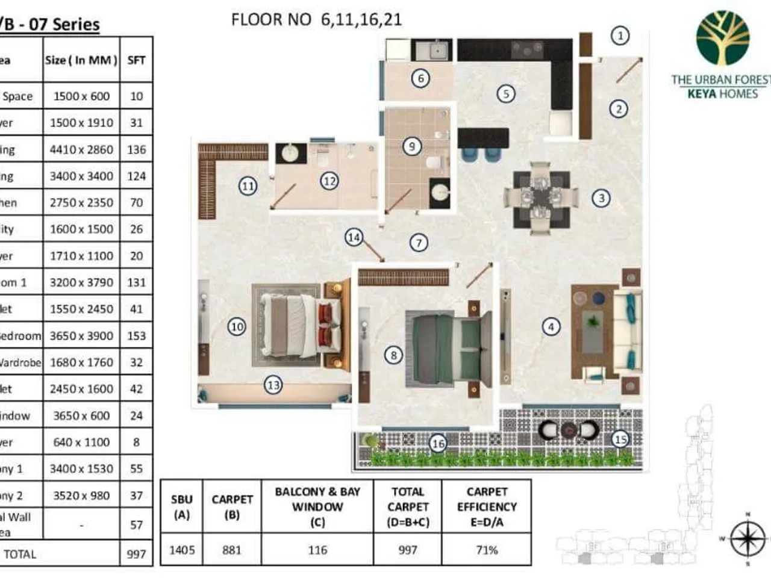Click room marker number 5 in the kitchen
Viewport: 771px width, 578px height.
click(506, 93)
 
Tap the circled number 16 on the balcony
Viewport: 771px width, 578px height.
click(438, 444)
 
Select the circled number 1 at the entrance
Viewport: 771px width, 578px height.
click(620, 36)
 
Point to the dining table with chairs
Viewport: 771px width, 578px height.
click(540, 197)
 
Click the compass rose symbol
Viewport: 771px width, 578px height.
click(747, 538)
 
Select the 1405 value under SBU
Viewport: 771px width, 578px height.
click(181, 550)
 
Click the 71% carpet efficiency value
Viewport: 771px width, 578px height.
click(486, 550)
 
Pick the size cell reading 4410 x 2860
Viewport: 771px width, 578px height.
click(81, 149)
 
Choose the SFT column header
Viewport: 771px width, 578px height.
click(136, 60)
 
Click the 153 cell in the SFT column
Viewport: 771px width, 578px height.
click(136, 335)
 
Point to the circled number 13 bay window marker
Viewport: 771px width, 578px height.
click(273, 385)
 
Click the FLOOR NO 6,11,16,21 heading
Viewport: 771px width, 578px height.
click(316, 19)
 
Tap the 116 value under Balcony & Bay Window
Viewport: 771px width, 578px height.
click(317, 550)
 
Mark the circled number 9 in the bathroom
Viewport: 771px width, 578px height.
click(412, 146)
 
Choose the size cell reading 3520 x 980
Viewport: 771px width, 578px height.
click(81, 496)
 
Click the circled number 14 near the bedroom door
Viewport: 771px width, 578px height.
click(354, 237)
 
